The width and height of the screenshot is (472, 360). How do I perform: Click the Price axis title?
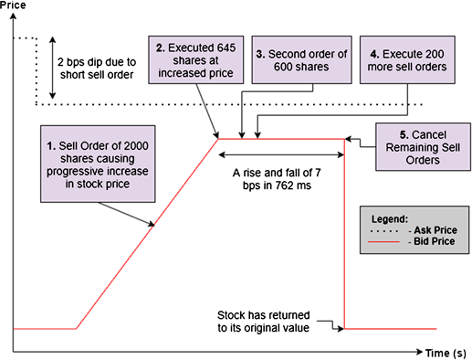[x=14, y=6]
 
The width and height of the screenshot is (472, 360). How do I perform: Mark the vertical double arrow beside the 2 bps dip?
[x=53, y=66]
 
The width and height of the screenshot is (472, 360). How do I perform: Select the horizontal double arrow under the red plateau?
[x=280, y=154]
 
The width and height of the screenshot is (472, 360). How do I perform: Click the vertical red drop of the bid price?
[x=346, y=238]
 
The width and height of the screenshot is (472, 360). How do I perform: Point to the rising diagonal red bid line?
[x=146, y=233]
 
